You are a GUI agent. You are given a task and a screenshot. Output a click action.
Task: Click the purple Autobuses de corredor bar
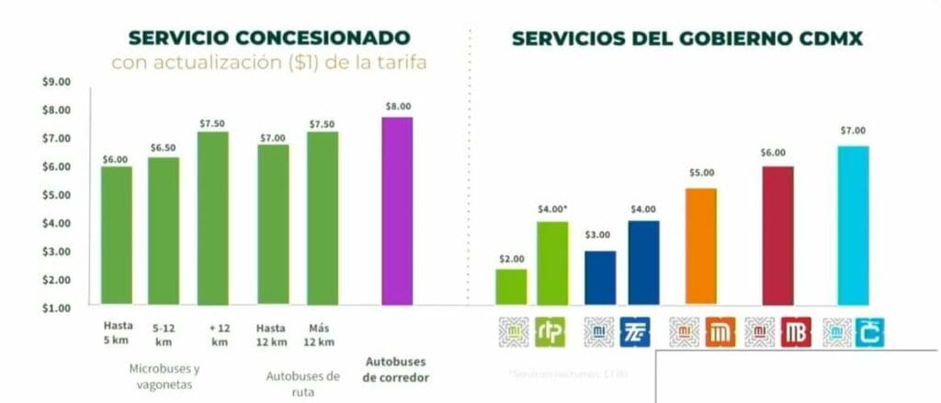[397, 211]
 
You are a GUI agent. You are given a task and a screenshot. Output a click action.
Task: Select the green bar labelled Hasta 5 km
[116, 236]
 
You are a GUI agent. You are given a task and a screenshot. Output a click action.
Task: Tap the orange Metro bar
[701, 247]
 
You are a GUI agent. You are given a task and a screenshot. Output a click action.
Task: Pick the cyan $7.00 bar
[853, 225]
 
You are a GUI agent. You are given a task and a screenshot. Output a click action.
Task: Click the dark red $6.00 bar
[777, 236]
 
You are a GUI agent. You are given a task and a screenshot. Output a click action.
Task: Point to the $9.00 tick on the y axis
[56, 81]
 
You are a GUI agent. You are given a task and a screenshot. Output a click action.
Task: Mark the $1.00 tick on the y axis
[56, 307]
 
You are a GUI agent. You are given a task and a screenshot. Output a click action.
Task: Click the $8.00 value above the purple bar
[397, 106]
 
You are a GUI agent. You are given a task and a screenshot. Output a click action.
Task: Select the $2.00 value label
[511, 259]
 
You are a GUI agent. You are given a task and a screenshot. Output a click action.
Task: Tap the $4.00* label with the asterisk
[553, 210]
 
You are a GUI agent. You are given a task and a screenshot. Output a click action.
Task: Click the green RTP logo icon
[550, 332]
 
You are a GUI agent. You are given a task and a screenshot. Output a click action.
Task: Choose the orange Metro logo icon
[720, 332]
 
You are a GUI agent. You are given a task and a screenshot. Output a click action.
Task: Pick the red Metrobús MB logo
[796, 332]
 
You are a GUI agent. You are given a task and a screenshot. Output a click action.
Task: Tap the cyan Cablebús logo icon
[869, 332]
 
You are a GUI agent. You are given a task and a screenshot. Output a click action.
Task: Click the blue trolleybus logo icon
[635, 332]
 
